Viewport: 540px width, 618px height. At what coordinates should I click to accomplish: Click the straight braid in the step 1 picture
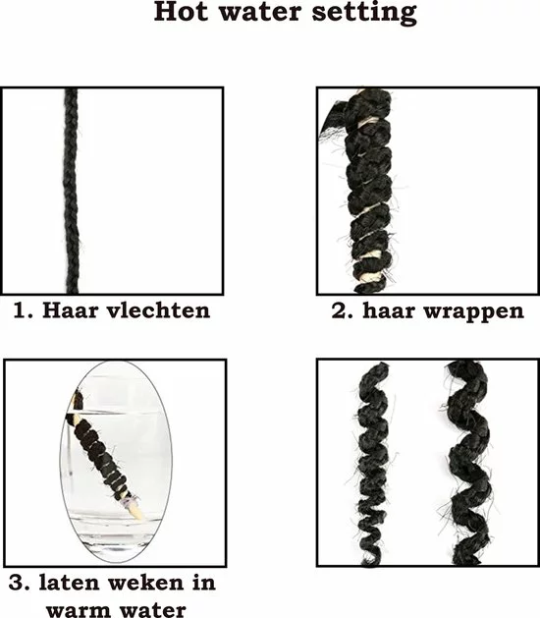click(72, 187)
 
